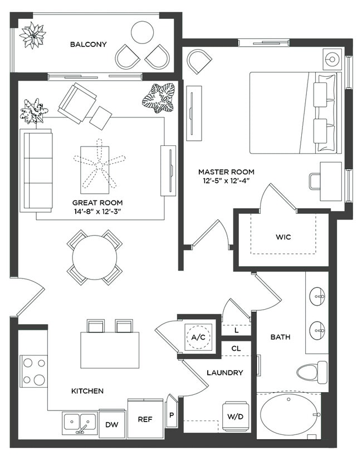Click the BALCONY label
pos(88,45)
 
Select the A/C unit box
pos(198,337)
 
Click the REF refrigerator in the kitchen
pos(145,419)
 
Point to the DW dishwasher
pos(112,424)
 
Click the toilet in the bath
pos(312,371)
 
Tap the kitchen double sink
pos(80,423)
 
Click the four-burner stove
pos(33,371)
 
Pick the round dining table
pos(95,257)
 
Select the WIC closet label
pos(283,237)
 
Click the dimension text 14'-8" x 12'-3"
pos(97,212)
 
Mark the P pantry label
pos(172,414)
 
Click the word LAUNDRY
pos(224,373)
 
